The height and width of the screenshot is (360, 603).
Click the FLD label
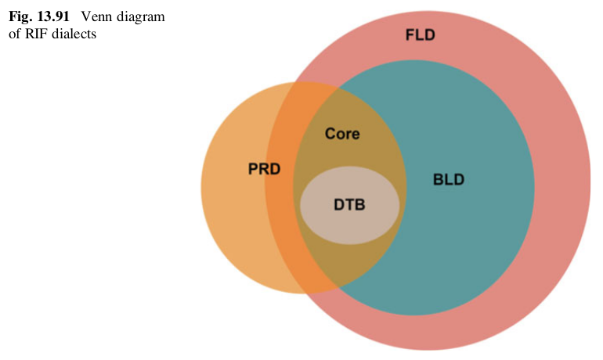[x=420, y=36]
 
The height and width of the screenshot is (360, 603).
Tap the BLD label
[x=449, y=180]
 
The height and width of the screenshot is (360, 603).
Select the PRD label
[x=264, y=170]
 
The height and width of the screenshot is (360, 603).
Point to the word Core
[x=342, y=134]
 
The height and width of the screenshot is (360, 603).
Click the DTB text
[x=350, y=204]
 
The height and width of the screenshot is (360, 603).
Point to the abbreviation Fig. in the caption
[x=19, y=17]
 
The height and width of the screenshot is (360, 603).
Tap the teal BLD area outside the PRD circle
[x=470, y=235]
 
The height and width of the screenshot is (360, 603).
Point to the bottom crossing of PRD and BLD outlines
[x=339, y=287]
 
